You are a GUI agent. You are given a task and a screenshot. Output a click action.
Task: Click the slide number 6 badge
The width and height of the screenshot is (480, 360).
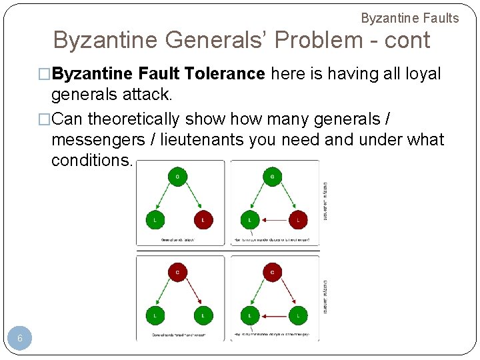click(20, 339)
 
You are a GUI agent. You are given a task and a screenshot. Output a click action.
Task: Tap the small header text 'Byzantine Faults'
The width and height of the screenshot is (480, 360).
click(410, 18)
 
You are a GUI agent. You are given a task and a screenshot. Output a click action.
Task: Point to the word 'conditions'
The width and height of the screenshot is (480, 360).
click(92, 161)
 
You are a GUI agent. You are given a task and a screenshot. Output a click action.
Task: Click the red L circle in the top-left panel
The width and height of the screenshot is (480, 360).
click(203, 219)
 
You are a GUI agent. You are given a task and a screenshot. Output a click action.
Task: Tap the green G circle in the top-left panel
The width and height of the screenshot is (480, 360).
click(177, 177)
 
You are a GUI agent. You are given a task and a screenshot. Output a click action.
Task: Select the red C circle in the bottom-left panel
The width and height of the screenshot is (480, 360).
click(177, 272)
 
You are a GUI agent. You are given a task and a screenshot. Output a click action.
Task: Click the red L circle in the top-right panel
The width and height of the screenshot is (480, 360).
click(297, 219)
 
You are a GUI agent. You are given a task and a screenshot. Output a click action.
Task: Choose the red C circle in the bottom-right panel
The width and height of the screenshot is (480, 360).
click(272, 272)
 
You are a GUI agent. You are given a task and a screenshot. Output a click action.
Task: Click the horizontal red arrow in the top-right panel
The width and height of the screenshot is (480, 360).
click(273, 219)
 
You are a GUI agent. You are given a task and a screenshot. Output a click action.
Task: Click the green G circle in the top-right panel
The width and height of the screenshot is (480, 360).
click(272, 177)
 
